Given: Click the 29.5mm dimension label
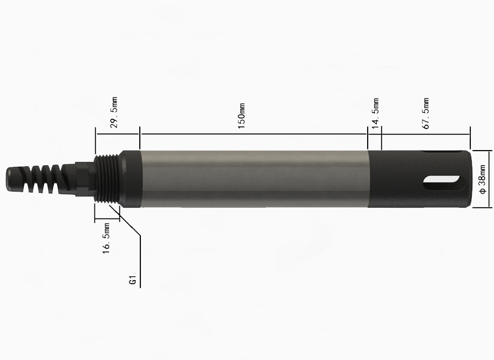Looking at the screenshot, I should pos(114,112).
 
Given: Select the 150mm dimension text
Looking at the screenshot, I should pos(242,117).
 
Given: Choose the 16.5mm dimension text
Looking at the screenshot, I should pos(106,237).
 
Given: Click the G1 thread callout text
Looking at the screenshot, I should pos(132,281).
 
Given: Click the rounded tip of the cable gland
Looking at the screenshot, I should pos(12,178).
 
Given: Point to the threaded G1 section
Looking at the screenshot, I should pos(107,179).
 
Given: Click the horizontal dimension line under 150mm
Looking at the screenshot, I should pos(254,134).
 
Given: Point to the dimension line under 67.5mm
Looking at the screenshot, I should pos(426,134).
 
